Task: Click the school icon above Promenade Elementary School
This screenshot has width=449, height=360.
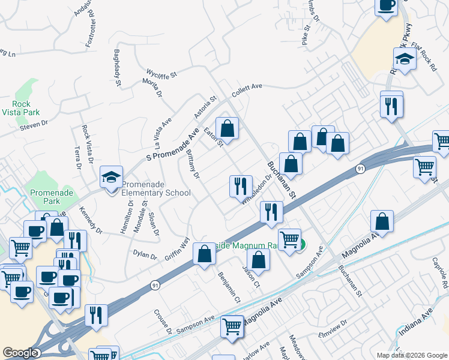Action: [111, 177]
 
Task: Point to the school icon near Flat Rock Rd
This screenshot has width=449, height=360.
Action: [405, 60]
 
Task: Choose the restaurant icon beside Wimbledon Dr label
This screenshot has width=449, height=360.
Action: [241, 185]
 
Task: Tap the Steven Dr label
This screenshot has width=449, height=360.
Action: [33, 124]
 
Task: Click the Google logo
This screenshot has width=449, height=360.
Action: [20, 353]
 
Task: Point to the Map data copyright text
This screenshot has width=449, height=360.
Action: [412, 355]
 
